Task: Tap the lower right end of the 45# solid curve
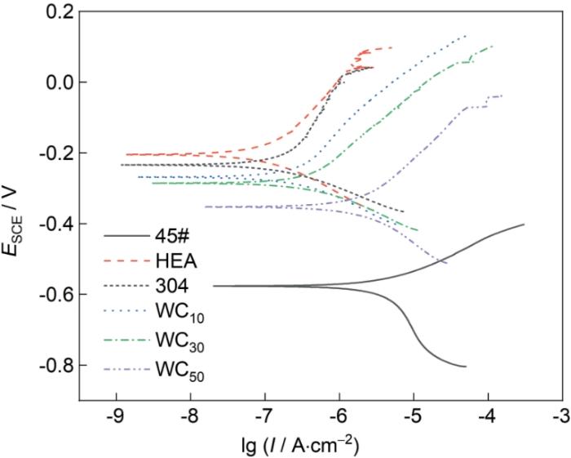click(x=465, y=367)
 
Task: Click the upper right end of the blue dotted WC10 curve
click(x=466, y=36)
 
